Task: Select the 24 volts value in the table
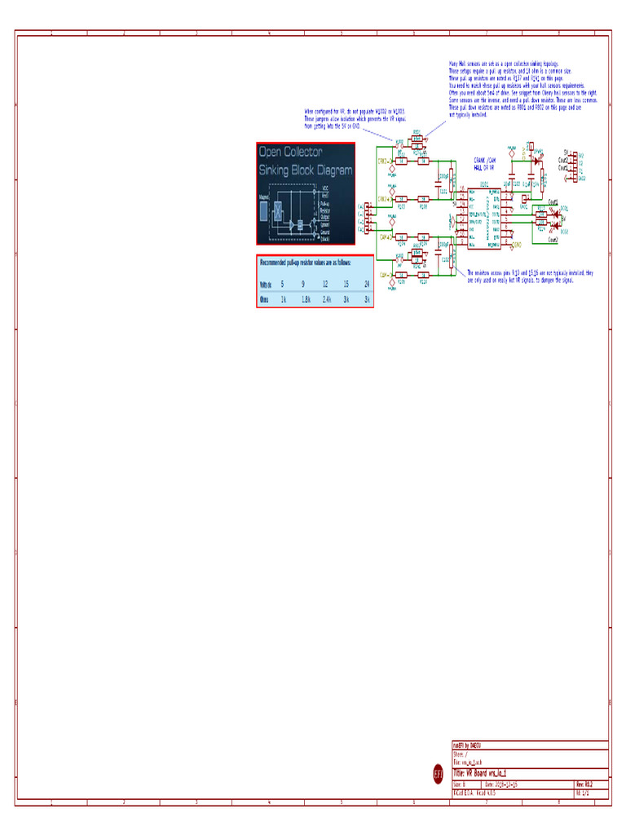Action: point(368,284)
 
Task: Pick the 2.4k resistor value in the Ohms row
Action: point(326,299)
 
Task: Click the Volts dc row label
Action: point(265,284)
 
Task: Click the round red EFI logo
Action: point(438,774)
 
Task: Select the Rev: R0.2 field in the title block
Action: point(584,784)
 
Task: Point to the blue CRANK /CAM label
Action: point(486,161)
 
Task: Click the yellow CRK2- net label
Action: point(383,161)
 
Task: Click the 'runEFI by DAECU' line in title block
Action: point(469,744)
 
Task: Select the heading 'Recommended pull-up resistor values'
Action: point(306,263)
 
